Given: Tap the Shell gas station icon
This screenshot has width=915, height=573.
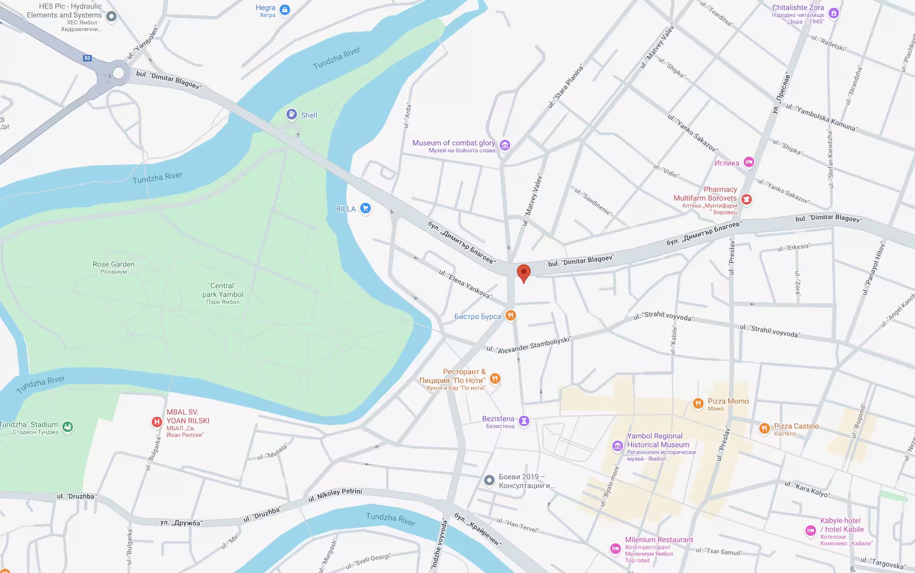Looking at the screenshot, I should tap(291, 114).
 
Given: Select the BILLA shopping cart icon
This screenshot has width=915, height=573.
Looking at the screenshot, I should tap(365, 208).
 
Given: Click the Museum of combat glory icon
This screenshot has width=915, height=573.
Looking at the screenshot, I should tap(505, 145).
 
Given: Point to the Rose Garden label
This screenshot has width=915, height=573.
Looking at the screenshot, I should tap(114, 264).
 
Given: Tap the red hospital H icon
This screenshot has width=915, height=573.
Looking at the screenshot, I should tap(156, 422).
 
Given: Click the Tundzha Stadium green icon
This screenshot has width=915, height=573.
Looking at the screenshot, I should tap(67, 426).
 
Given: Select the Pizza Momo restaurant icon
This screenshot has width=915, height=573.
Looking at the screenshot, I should tap(698, 403).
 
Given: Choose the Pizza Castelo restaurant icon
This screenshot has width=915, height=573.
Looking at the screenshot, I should tap(764, 428).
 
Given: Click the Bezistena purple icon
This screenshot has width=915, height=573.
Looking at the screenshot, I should tap(524, 421).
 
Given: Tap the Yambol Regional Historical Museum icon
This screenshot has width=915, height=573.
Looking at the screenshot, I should tap(617, 446).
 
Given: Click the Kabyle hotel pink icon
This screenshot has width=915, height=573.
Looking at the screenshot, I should tap(811, 529).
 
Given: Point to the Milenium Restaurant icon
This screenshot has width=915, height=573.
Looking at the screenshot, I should tap(615, 548).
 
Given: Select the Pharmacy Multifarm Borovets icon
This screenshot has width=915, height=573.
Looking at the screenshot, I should tap(746, 199).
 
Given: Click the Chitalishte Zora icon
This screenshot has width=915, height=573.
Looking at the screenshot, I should tap(834, 13).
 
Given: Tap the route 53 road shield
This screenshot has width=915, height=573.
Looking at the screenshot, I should tap(88, 58).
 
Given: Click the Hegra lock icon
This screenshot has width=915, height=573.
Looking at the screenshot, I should tap(285, 10).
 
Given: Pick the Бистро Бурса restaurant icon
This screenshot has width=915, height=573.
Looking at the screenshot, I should tap(510, 316).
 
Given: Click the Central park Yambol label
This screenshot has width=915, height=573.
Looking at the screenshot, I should tap(223, 290).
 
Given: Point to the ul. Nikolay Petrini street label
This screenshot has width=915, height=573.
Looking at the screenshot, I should tap(335, 494).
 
